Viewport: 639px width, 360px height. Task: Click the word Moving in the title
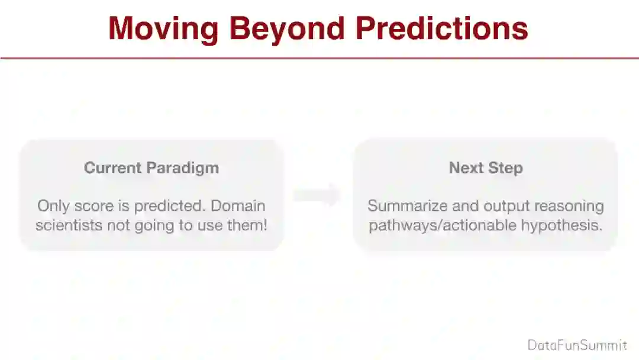click(163, 28)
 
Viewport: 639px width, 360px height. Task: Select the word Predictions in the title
click(442, 28)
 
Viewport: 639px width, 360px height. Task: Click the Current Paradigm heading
click(151, 168)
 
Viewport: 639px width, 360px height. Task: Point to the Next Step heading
click(486, 168)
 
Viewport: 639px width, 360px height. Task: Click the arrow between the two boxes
click(317, 195)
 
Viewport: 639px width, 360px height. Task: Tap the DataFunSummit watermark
click(577, 345)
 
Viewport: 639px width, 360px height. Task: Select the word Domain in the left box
click(238, 205)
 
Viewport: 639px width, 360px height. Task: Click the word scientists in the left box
click(69, 225)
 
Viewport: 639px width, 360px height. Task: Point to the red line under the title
click(319, 58)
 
